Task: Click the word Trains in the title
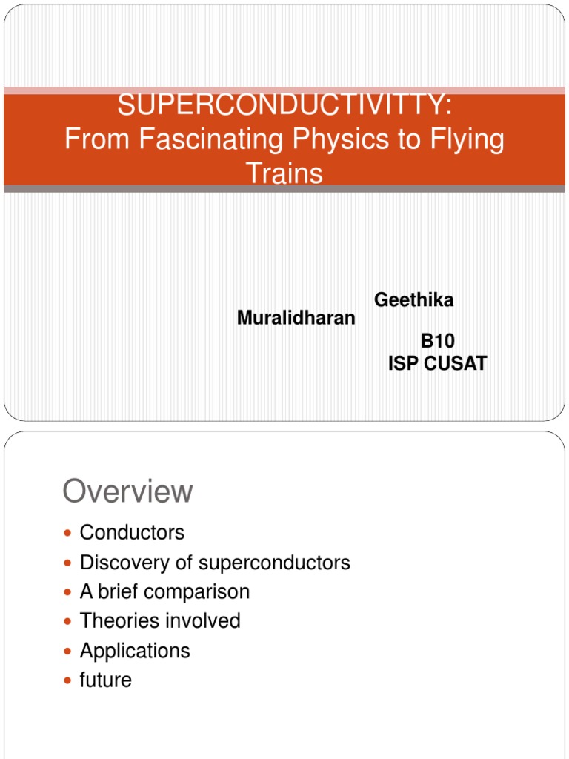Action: point(284,173)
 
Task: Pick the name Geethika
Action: point(413,300)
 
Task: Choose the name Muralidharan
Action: point(296,318)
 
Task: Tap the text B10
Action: point(438,341)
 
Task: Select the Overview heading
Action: point(128,491)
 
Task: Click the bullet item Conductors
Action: point(132,532)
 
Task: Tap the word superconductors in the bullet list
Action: point(274,563)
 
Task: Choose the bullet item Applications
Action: point(135,651)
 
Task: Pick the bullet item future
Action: point(106,680)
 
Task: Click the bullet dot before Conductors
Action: point(69,533)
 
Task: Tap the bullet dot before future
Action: point(69,680)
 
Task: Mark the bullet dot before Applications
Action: point(69,652)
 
